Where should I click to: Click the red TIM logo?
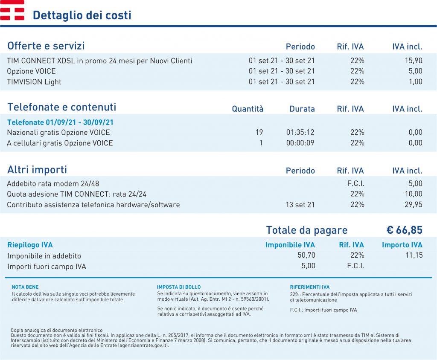click(x=12, y=10)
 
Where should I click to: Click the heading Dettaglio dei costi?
click(x=82, y=15)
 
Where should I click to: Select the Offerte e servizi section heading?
click(x=46, y=46)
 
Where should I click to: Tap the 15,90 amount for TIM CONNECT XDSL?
click(x=414, y=61)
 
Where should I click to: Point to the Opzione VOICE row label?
click(x=31, y=71)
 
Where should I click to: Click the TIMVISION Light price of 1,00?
click(x=416, y=81)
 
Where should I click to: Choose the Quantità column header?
click(x=248, y=109)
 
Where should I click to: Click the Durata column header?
click(x=302, y=109)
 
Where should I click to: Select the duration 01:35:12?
click(x=300, y=132)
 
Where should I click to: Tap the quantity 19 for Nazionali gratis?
click(x=259, y=132)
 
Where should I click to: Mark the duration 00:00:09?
click(x=300, y=143)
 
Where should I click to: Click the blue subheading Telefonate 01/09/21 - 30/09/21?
click(x=60, y=122)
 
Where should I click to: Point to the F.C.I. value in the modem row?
click(x=355, y=183)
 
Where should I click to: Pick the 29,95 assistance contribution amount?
click(x=414, y=204)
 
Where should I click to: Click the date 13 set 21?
click(x=300, y=204)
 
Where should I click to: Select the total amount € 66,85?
click(x=405, y=230)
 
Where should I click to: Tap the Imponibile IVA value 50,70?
click(x=306, y=255)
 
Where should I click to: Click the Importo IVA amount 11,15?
click(x=414, y=255)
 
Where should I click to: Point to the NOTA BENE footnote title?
click(x=25, y=287)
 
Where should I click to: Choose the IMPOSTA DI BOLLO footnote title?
click(x=179, y=287)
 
